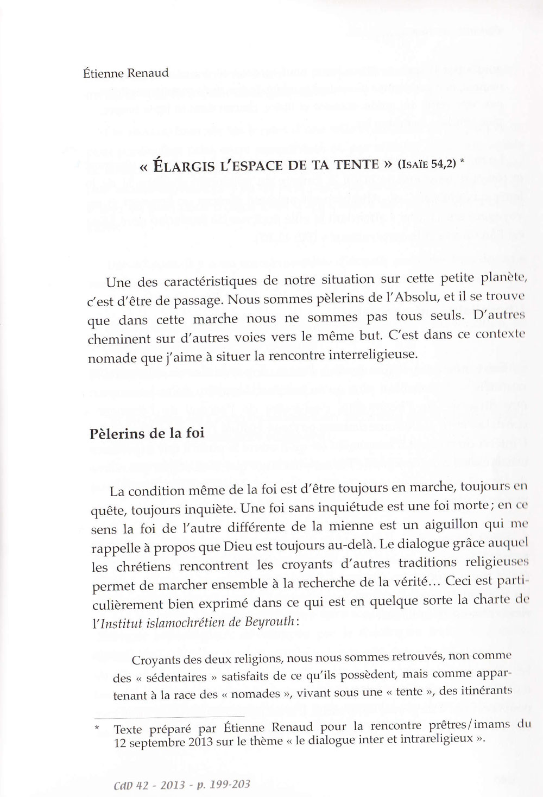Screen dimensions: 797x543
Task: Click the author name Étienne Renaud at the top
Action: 122,73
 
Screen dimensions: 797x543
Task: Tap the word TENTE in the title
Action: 352,165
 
